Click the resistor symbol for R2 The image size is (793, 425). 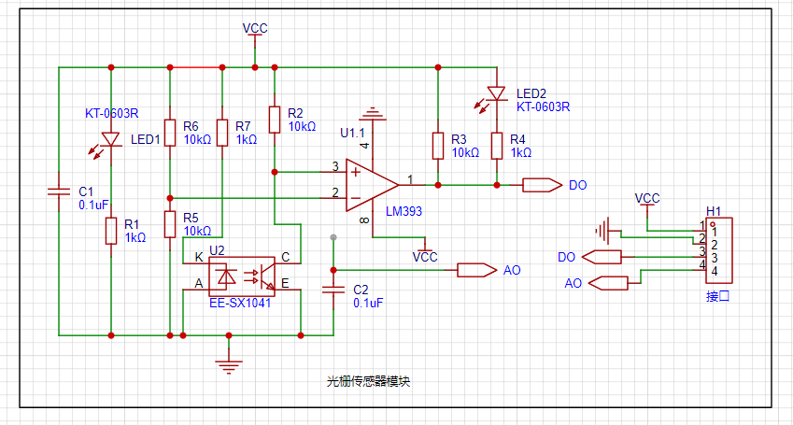click(275, 120)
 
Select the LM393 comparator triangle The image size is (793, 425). click(372, 185)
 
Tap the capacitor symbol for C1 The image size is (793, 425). click(59, 191)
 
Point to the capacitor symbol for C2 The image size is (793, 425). click(333, 290)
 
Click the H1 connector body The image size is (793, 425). click(719, 250)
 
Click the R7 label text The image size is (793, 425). click(243, 126)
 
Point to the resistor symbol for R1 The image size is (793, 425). click(111, 232)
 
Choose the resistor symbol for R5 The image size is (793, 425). click(170, 224)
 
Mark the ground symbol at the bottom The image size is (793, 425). click(229, 364)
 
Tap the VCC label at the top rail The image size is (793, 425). click(255, 28)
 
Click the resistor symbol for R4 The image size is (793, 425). click(497, 146)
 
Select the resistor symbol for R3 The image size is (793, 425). click(438, 146)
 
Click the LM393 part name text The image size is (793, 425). click(404, 211)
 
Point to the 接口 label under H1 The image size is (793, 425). click(718, 296)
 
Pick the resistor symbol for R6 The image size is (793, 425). click(170, 133)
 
